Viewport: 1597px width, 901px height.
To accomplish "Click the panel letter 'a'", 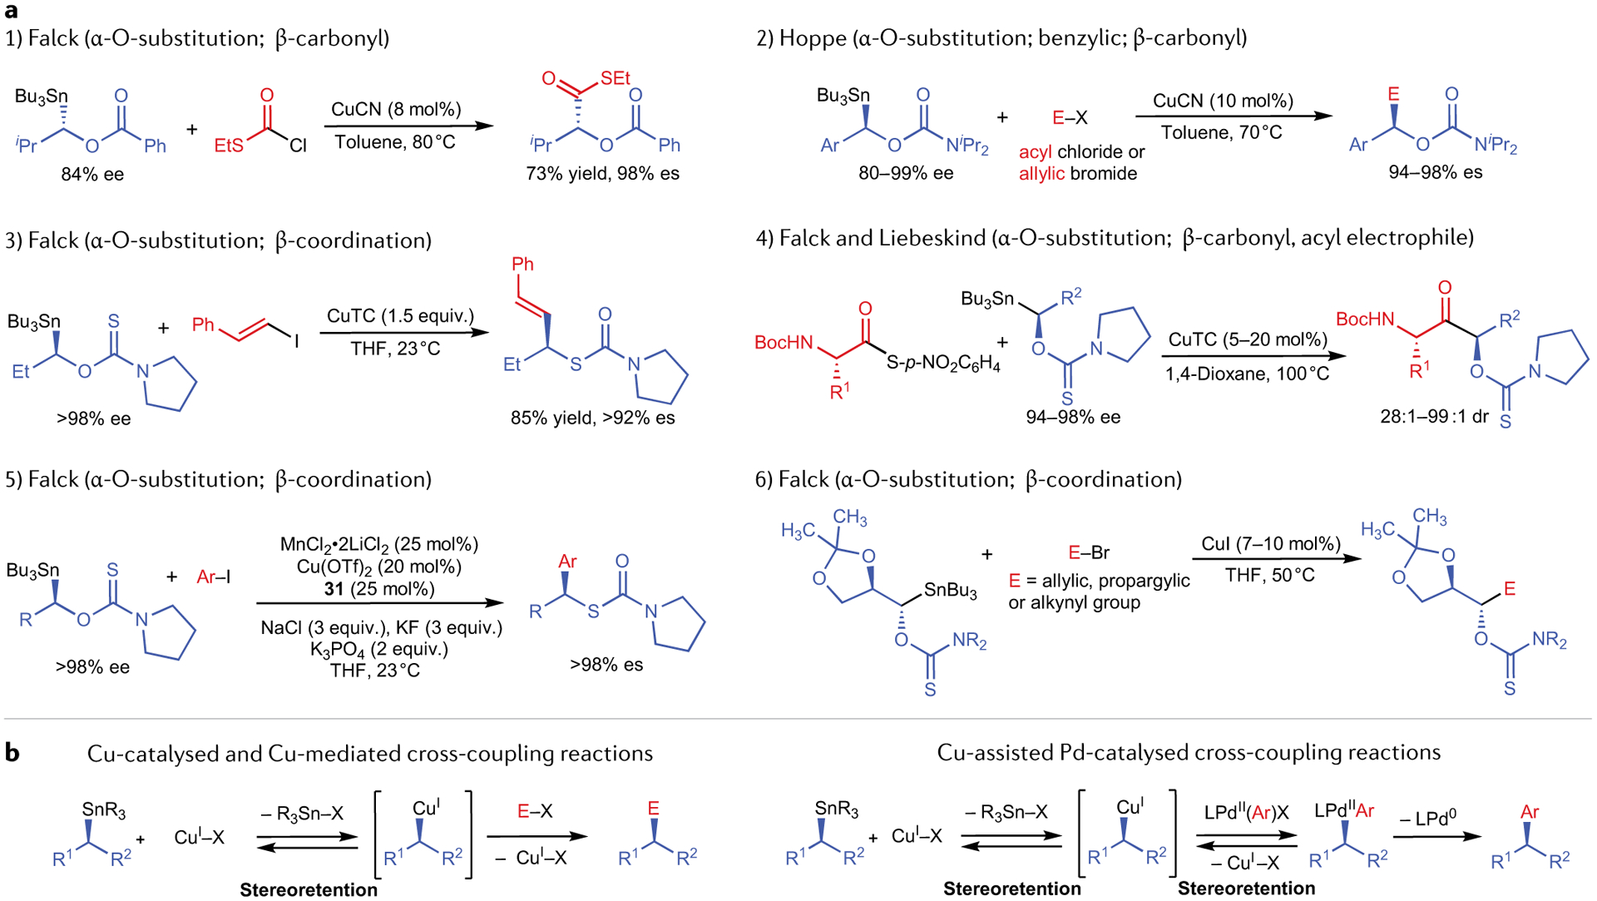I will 11,11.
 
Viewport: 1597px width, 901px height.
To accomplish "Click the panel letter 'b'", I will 12,752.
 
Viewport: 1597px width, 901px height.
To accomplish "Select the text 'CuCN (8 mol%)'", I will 396,109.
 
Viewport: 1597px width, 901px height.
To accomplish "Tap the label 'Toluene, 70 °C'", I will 1221,132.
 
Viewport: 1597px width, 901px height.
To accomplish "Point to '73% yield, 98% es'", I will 602,174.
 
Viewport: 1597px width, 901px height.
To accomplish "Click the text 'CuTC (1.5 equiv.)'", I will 400,316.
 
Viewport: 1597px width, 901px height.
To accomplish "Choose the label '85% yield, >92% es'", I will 592,418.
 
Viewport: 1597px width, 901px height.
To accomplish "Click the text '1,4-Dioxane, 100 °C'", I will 1247,374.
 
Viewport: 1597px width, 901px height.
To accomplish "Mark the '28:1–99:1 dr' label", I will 1434,417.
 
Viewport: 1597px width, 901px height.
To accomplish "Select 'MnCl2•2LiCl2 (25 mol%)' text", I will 379,545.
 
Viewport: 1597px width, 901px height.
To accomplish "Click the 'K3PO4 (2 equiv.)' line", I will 379,649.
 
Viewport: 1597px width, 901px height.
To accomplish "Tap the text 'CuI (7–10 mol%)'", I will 1271,544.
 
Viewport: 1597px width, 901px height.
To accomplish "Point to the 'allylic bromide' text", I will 1078,174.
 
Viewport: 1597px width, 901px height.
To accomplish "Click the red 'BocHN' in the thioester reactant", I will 784,343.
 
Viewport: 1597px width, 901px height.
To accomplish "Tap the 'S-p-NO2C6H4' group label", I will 943,364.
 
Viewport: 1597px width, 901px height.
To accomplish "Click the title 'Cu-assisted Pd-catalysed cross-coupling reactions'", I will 1189,752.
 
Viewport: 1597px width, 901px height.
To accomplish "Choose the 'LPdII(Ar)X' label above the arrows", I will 1246,813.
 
